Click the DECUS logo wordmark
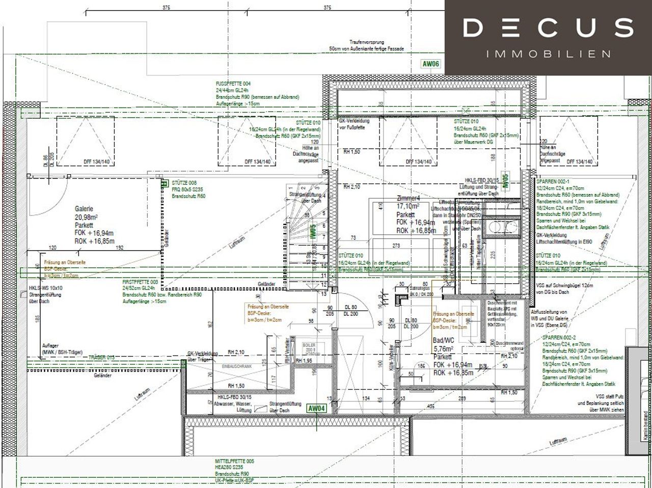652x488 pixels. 548,28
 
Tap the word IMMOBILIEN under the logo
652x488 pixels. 549,53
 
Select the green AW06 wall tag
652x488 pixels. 430,64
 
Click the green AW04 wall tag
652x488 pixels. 316,408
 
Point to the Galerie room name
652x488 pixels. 84,209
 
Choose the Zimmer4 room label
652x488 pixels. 409,199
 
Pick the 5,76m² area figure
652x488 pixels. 443,349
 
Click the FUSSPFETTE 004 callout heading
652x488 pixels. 233,84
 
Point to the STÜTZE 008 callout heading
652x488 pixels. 184,182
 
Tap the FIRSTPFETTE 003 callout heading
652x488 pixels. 140,282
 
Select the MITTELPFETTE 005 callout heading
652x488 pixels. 235,461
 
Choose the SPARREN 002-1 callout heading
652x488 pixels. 552,181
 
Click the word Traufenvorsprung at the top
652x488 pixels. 366,42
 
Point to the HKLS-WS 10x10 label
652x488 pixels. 46,288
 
